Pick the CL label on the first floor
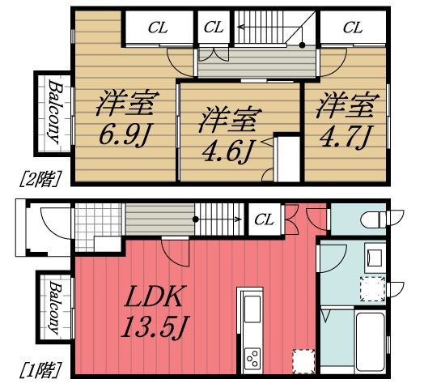pyautogui.click(x=263, y=219)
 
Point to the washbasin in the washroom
pyautogui.click(x=374, y=258)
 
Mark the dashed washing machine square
pyautogui.click(x=372, y=289)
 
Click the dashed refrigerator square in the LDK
pyautogui.click(x=301, y=360)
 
